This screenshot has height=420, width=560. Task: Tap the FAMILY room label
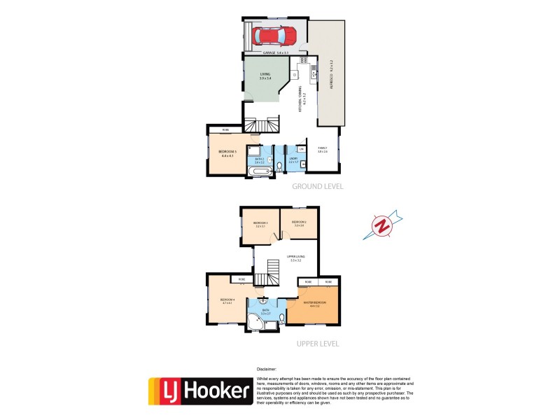[323, 150]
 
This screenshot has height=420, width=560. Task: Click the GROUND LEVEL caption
[317, 187]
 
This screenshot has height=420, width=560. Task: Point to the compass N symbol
[382, 226]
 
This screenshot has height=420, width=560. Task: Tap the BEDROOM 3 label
[260, 224]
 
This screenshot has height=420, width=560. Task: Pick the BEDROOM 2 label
[299, 224]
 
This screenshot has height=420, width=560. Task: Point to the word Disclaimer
[267, 368]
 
